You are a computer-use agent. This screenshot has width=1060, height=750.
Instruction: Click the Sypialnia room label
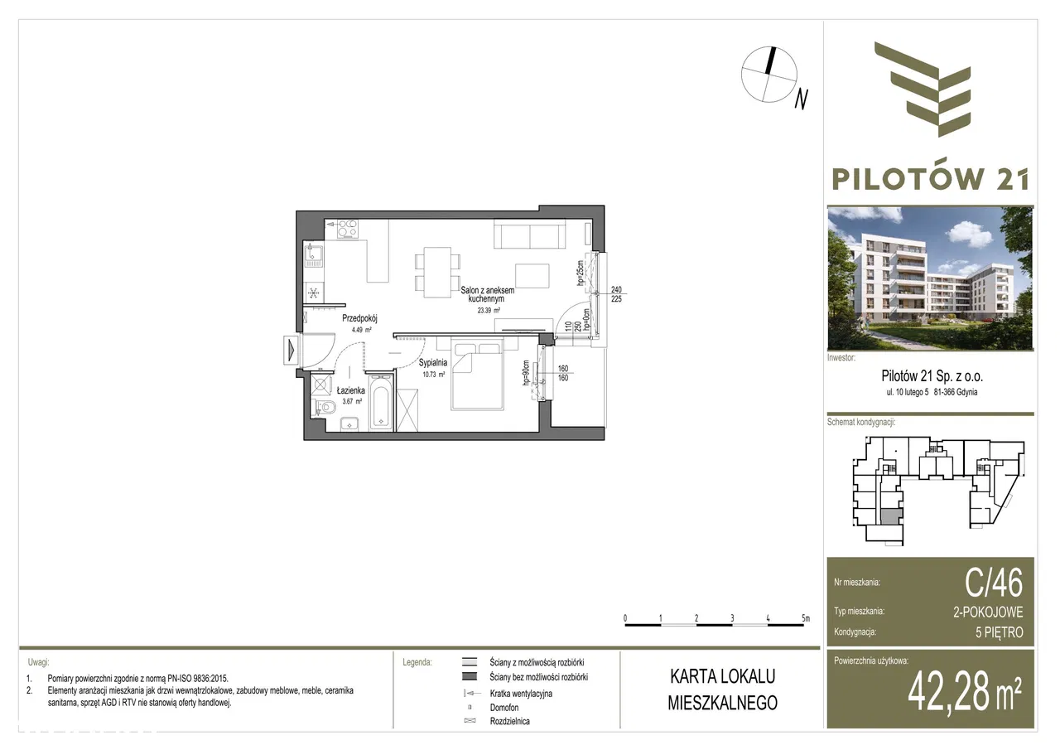[433, 363]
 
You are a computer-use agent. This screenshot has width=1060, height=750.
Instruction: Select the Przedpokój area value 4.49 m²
[359, 330]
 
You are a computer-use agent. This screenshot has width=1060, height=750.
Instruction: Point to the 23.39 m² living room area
[488, 310]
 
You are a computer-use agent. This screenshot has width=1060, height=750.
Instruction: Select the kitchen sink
[315, 256]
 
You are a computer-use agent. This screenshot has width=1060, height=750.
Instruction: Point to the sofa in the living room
[529, 235]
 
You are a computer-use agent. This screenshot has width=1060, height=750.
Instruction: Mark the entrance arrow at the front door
[290, 349]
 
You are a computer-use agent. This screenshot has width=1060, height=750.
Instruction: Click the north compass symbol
[769, 75]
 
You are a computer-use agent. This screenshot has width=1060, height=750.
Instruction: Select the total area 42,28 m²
[965, 692]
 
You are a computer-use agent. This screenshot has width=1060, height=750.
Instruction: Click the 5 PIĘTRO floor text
[1000, 632]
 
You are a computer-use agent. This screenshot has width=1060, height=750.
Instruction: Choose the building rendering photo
[930, 278]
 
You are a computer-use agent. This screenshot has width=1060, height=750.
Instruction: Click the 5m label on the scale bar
[805, 618]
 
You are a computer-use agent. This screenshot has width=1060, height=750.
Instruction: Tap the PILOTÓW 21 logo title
[930, 178]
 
